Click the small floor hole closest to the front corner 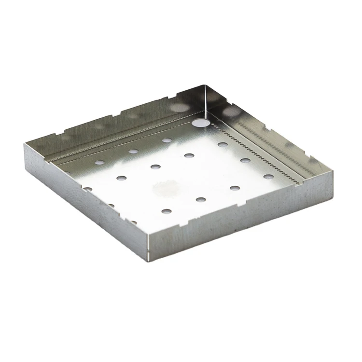tap(166, 211)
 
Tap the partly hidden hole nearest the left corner tap(88, 189)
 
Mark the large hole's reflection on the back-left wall tap(179, 107)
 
